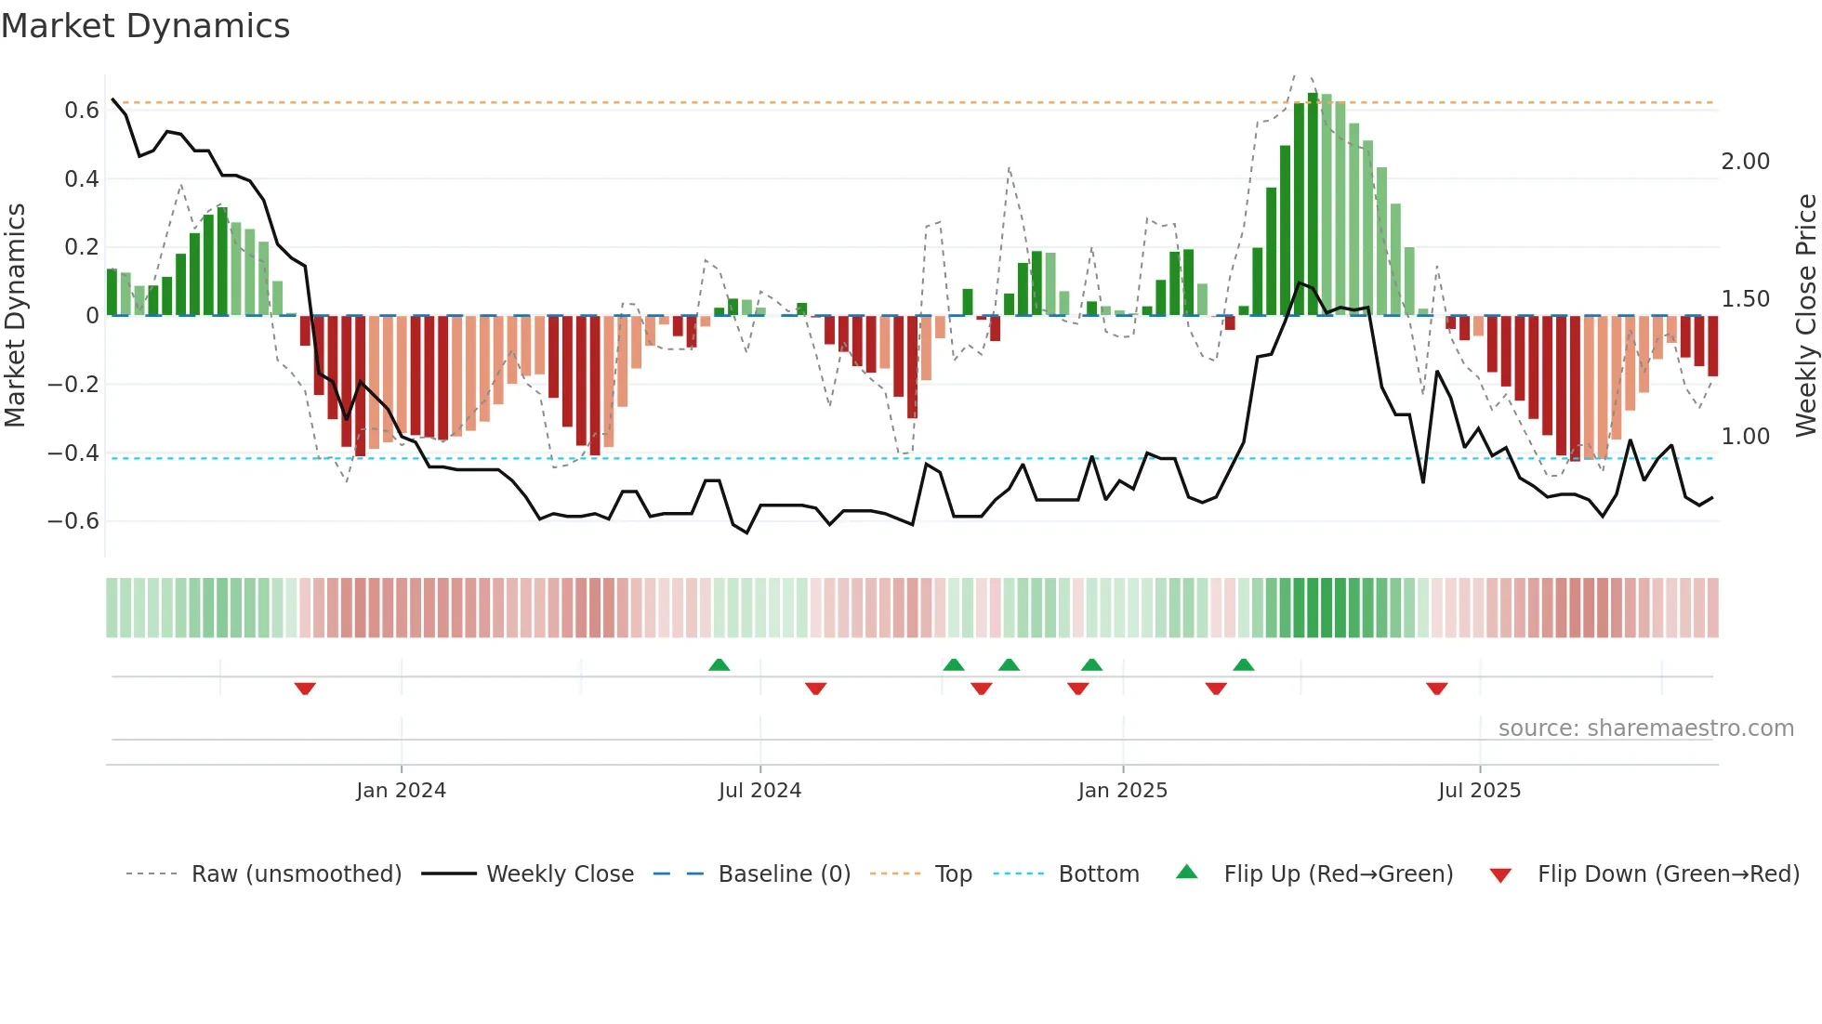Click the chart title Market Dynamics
146,26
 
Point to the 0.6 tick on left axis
82,111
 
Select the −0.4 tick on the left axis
73,453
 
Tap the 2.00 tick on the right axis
1745,162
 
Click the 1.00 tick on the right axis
1745,437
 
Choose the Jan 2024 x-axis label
401,791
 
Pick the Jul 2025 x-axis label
1479,791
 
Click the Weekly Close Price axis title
1805,315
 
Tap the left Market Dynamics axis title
16,315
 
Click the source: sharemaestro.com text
1645,729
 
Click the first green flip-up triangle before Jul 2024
719,664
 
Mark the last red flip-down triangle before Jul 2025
1436,689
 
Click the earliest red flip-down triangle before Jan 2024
305,689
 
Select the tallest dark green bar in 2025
1313,204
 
